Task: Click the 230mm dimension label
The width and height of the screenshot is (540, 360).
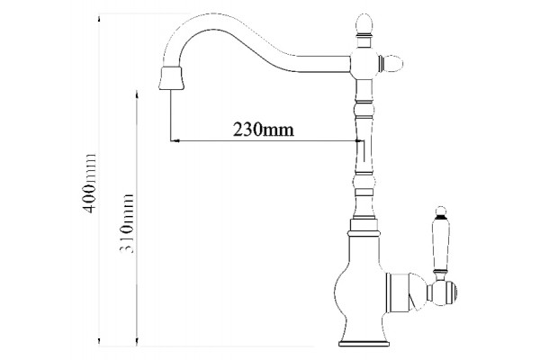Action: (264, 130)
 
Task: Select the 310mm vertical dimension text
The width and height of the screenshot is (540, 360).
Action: (127, 223)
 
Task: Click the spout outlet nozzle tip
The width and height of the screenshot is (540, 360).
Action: (171, 78)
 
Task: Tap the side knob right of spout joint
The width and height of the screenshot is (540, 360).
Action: (391, 63)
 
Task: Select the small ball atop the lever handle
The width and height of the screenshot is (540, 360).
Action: (441, 211)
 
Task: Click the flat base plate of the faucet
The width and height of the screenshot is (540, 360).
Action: (364, 344)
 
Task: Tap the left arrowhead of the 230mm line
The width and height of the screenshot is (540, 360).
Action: (175, 141)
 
